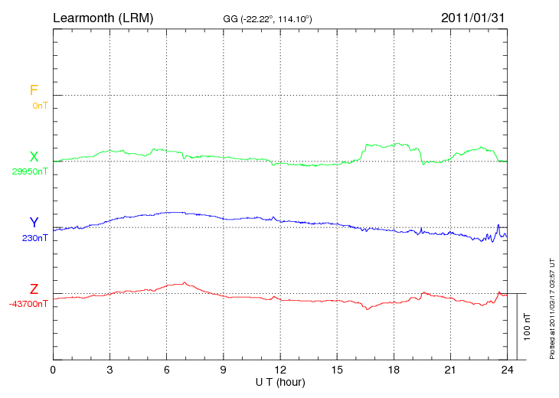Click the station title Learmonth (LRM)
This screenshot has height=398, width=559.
(103, 17)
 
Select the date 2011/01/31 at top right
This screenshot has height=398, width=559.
(473, 17)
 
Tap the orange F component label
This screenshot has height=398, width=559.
(34, 91)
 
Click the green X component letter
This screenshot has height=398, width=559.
(34, 157)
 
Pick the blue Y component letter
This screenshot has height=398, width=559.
(34, 223)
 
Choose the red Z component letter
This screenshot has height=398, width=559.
(34, 289)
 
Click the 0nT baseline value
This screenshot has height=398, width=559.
(40, 106)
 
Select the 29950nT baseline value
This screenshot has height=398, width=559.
(30, 171)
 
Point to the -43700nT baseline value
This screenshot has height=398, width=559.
(29, 304)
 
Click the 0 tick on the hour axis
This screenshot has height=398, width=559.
(53, 370)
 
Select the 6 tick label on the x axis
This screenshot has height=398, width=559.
(167, 370)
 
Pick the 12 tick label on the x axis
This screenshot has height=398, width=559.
(280, 370)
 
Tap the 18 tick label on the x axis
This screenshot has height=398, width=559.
(394, 370)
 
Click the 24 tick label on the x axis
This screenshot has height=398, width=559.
(507, 370)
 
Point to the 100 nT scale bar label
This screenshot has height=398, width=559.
(528, 326)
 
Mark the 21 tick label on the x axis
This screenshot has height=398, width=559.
(450, 370)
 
